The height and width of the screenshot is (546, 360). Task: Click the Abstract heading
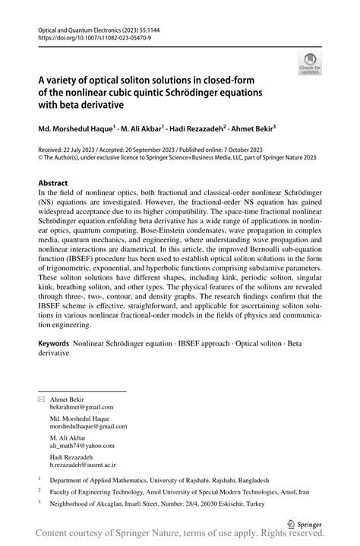pos(56,184)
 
